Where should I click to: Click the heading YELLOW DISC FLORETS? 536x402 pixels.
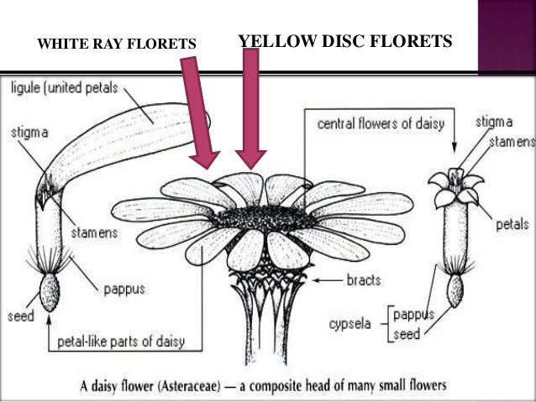[x=345, y=40]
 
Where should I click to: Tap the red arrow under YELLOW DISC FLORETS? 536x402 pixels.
[x=250, y=109]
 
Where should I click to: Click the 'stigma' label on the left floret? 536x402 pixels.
[x=29, y=132]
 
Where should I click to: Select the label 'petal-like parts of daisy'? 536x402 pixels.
[x=127, y=342]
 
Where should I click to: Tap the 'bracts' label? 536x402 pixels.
[x=364, y=279]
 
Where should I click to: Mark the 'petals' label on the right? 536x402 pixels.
[x=512, y=224]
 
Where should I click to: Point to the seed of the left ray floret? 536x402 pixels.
[x=49, y=293]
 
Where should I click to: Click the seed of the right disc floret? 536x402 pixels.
[x=455, y=290]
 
